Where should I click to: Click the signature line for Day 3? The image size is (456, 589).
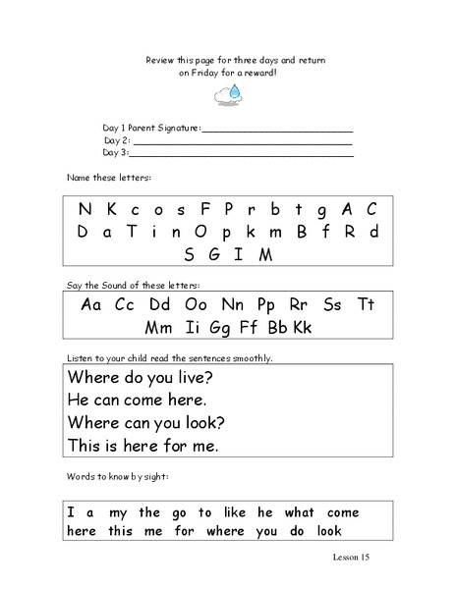(x=242, y=154)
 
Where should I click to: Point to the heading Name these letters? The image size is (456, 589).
(x=109, y=178)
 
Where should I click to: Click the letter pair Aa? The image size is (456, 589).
(x=91, y=303)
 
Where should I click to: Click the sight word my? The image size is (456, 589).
(x=115, y=512)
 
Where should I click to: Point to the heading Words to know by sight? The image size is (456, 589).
(x=118, y=476)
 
